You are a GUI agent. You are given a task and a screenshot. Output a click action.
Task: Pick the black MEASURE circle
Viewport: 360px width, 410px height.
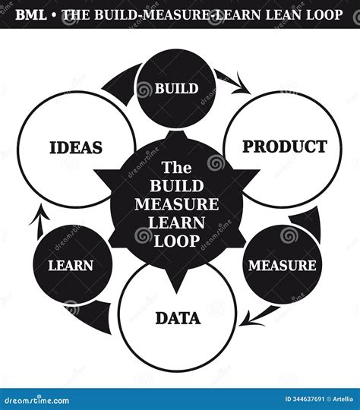pos(282,265)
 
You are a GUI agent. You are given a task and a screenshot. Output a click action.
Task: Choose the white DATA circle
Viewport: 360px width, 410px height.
pos(178,318)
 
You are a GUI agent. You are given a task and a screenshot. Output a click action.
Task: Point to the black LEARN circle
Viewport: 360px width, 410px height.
pos(71,265)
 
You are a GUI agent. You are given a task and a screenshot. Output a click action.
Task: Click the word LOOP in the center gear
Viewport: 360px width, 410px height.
pos(177,241)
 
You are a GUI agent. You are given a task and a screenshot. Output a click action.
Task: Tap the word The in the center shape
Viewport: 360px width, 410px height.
pos(177,168)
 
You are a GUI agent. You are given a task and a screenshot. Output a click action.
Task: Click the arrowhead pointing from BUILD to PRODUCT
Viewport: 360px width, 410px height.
pos(244,87)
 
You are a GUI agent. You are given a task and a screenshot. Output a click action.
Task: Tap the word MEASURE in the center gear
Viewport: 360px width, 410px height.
pos(177,204)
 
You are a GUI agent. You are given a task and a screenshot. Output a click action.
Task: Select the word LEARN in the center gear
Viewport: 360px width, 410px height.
pos(177,222)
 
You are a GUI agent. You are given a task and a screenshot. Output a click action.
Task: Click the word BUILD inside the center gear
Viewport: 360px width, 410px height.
pos(177,186)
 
